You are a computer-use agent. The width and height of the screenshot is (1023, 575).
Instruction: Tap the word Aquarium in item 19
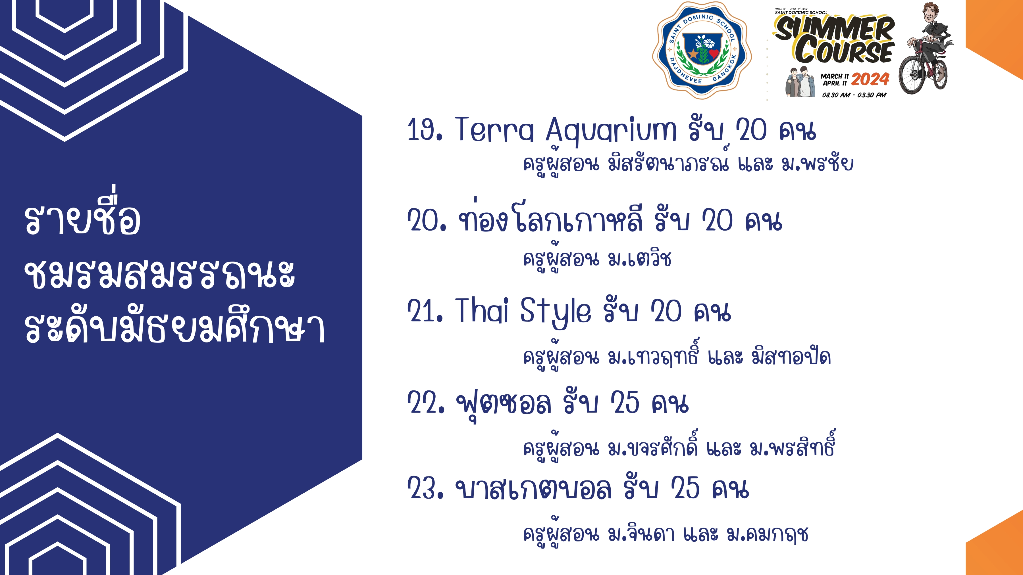point(611,130)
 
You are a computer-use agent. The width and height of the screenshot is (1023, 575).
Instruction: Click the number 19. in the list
point(425,129)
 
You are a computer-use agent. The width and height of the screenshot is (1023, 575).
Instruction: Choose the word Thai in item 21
point(481,310)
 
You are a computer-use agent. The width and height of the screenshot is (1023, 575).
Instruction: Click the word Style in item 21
point(555,313)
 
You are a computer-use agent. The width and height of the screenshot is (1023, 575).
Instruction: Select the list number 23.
point(425,488)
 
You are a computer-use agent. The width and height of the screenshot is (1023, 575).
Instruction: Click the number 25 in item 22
point(625,402)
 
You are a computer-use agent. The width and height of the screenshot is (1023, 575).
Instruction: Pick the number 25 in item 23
point(685,488)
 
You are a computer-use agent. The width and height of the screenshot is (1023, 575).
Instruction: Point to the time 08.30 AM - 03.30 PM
point(854,95)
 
